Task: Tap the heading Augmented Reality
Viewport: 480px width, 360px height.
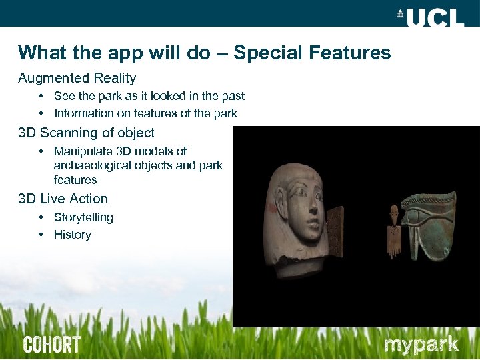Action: tap(77, 78)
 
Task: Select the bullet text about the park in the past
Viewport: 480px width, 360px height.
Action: tap(149, 96)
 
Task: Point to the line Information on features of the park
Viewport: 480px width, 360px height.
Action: tap(145, 113)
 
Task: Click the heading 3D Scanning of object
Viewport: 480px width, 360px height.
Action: tap(86, 133)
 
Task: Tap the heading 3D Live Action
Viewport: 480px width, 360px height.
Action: tap(63, 199)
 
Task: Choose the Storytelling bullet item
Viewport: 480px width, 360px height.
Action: tap(83, 217)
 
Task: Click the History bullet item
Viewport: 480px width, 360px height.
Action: tap(72, 235)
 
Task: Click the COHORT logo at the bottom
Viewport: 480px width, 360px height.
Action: tap(51, 345)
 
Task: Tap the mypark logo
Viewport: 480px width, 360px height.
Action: tap(421, 345)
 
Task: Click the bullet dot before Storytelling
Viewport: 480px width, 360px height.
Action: tap(41, 217)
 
